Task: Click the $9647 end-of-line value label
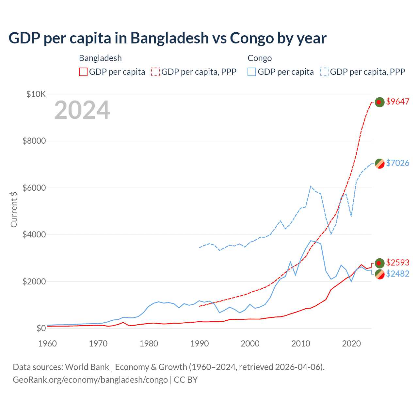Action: click(397, 102)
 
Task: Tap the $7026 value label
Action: click(397, 163)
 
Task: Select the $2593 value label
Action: click(397, 263)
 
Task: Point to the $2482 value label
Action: click(397, 274)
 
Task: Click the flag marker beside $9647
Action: click(379, 102)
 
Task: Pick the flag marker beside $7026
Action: click(379, 164)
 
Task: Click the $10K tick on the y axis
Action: click(36, 94)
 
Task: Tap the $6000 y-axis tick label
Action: click(34, 188)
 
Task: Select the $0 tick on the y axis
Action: click(41, 328)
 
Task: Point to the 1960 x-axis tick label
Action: click(48, 344)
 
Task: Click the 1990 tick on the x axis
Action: click(199, 344)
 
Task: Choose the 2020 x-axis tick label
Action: click(351, 344)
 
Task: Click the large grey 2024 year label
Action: click(82, 110)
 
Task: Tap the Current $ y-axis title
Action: click(14, 209)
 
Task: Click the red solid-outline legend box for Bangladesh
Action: click(83, 72)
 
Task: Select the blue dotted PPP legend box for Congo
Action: click(324, 72)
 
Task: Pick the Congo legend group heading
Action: click(260, 58)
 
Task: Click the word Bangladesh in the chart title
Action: click(169, 38)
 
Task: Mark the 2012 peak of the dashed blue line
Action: click(311, 186)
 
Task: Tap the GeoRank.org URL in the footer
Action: click(90, 380)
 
